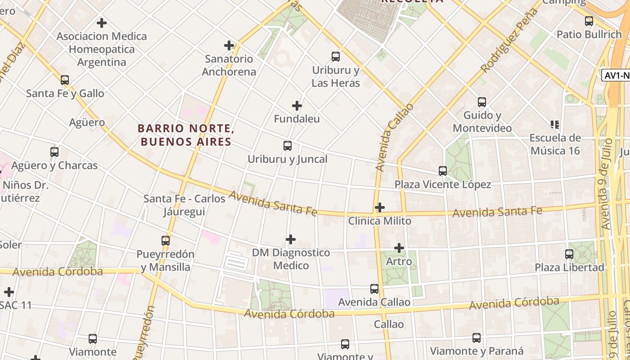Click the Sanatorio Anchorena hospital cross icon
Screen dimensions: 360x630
pos(229,45)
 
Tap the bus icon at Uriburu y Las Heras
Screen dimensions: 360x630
pos(336,57)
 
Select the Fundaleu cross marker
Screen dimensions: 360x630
pos(297,106)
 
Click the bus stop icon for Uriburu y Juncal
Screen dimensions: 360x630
pos(288,146)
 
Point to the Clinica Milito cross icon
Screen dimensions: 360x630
pos(380,207)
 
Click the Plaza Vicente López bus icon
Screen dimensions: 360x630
pos(443,171)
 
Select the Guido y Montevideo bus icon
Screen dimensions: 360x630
pos(482,102)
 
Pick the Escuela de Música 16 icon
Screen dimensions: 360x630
pos(554,124)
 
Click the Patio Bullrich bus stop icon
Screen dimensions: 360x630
pos(589,21)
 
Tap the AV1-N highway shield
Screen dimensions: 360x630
pos(616,75)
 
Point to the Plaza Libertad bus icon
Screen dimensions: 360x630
pos(569,254)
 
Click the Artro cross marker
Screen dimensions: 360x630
pos(399,248)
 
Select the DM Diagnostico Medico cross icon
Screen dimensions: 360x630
pos(291,239)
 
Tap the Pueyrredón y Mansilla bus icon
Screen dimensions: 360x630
pos(166,241)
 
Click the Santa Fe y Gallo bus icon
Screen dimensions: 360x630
pos(65,80)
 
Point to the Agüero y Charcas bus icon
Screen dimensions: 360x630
pos(54,152)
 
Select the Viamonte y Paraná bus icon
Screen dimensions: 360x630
pos(477,338)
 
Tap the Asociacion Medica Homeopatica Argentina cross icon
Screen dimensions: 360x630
pos(102,23)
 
